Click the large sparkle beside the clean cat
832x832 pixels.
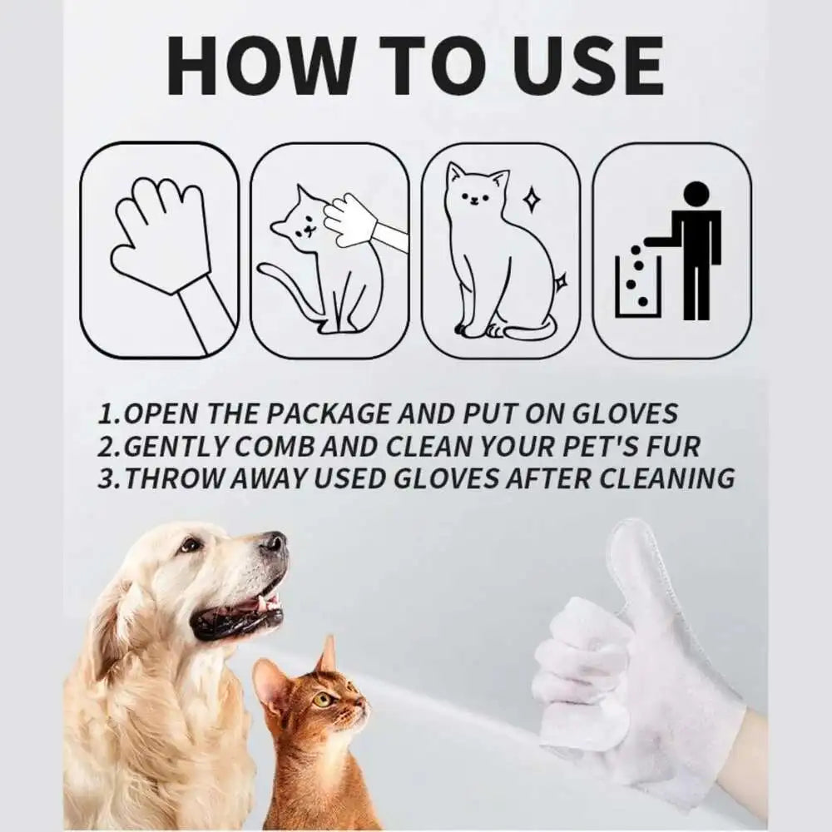pos(531,200)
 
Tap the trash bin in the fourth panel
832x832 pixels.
pos(637,285)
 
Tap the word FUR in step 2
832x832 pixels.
pos(673,446)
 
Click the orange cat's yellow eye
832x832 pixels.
pos(322,700)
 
